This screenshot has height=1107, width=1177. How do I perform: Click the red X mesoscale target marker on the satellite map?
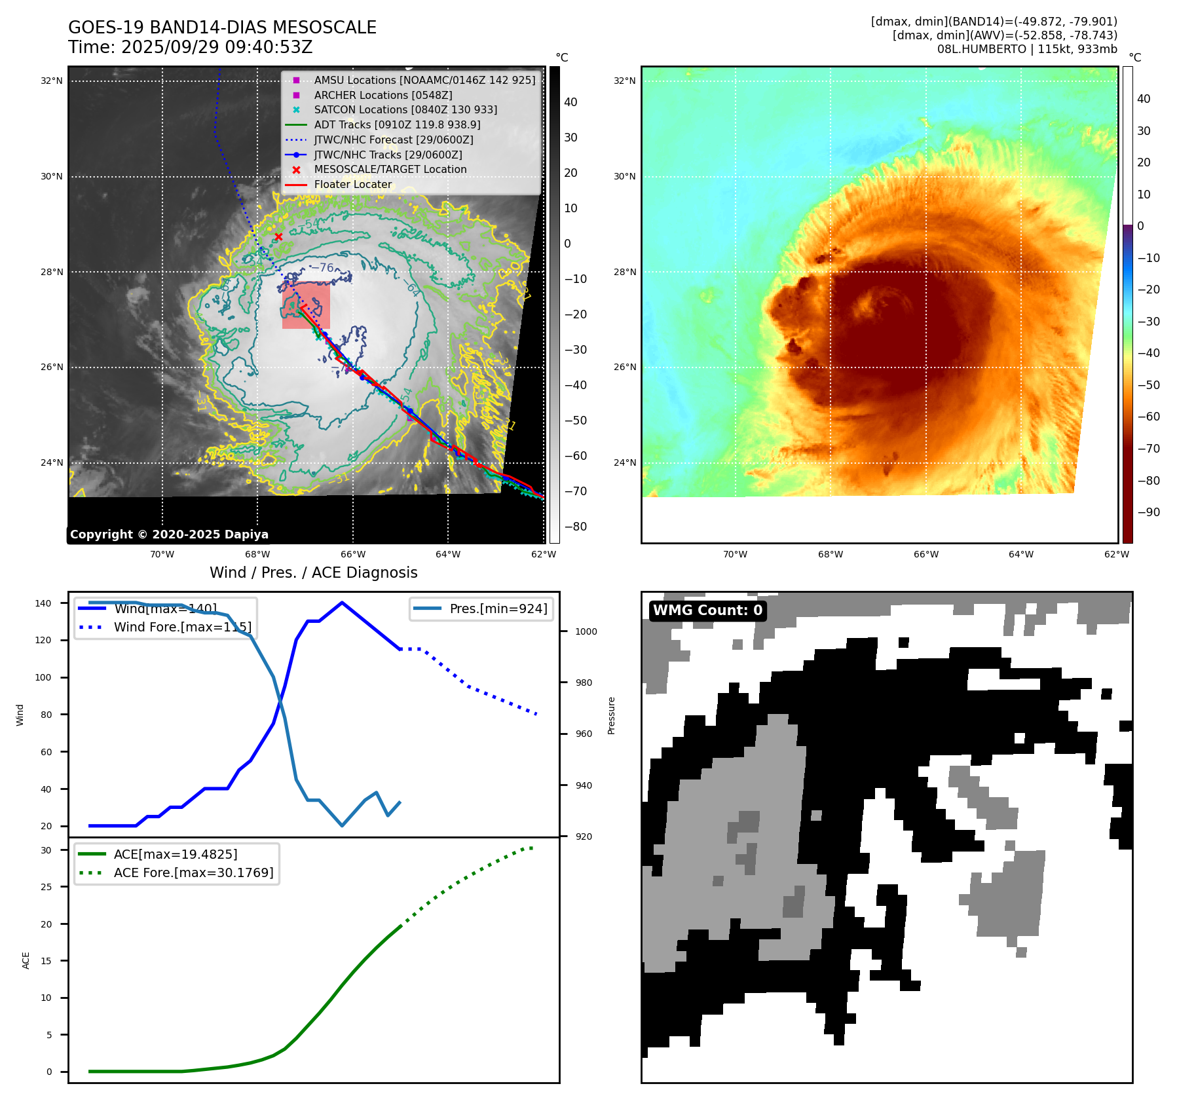pos(278,236)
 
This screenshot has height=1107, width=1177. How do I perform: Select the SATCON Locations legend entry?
pos(405,109)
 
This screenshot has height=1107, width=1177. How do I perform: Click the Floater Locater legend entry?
pos(352,184)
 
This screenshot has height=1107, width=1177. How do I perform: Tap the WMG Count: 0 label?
pos(707,610)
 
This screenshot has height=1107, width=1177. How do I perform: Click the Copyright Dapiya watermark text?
pos(169,535)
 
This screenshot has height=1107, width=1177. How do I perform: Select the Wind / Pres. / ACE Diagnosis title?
pos(313,572)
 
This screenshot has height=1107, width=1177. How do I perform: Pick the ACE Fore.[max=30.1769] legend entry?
pos(193,872)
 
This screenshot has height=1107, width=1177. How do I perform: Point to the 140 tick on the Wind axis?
pos(43,603)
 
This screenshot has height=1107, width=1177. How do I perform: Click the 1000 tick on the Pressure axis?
pos(586,631)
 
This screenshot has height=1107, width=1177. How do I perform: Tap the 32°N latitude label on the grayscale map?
pos(52,81)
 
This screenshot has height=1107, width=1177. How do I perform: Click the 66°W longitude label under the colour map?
pos(925,554)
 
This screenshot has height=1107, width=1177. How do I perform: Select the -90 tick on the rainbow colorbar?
pos(1148,512)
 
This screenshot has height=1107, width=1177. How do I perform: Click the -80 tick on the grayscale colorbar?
pos(575,527)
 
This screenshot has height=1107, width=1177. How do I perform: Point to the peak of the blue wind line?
pos(342,603)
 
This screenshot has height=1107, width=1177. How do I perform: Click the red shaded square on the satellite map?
pos(306,305)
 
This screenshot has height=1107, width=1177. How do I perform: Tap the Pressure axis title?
pos(611,715)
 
